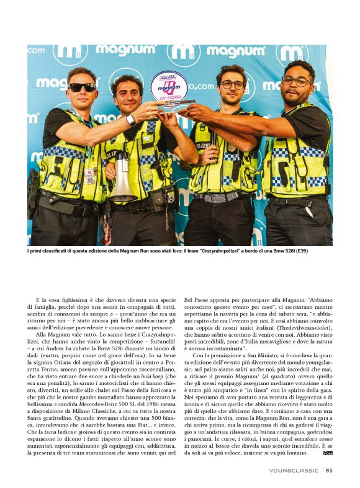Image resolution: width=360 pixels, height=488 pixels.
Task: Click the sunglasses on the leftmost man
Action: pyautogui.click(x=82, y=87)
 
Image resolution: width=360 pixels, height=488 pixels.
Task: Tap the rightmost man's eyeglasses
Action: pyautogui.click(x=296, y=81)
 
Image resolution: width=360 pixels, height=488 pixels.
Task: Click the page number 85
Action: pyautogui.click(x=329, y=469)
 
